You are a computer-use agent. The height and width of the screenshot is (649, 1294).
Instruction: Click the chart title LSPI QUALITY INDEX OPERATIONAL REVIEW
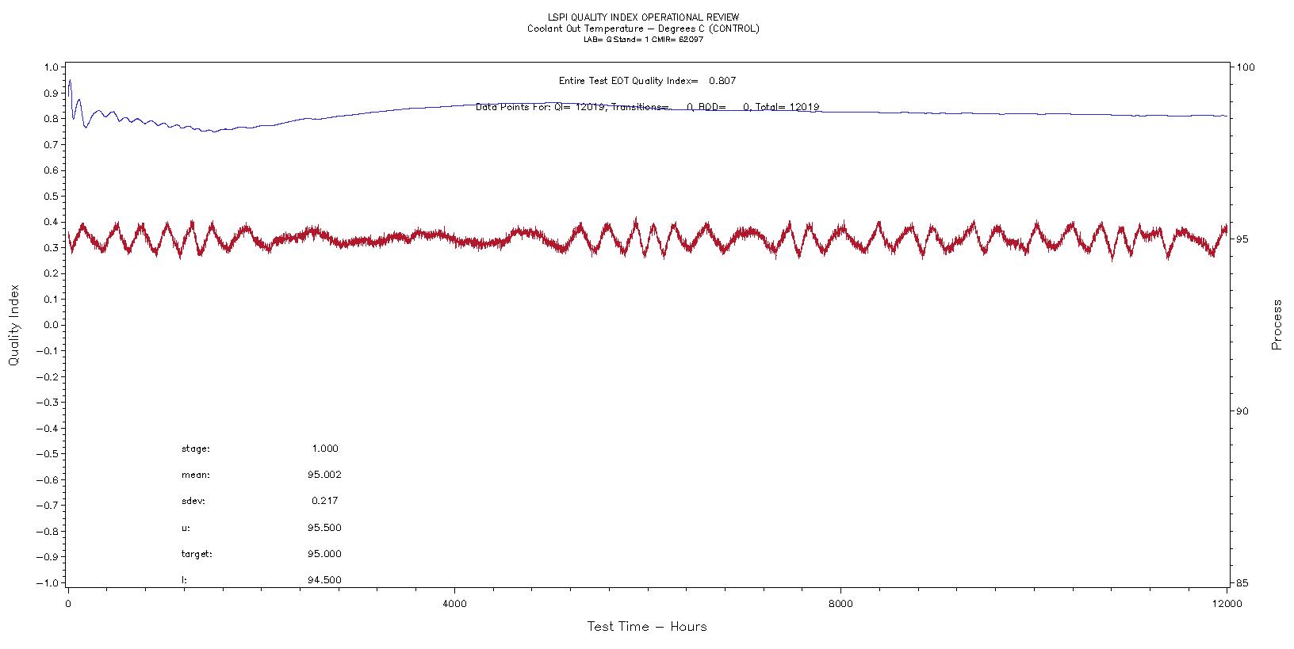coord(642,17)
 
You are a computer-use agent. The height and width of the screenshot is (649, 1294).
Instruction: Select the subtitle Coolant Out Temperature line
coord(642,29)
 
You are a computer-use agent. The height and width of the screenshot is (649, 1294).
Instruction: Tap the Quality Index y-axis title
coord(13,326)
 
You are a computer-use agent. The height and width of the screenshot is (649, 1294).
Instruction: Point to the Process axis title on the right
coord(1277,325)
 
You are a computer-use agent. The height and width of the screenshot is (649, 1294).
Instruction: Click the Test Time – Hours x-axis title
coord(646,627)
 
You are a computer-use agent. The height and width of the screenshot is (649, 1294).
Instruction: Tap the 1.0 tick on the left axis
coord(52,67)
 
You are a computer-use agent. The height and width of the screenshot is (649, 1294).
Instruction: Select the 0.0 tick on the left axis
coord(52,325)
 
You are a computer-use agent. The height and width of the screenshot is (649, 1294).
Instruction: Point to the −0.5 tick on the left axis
coord(49,454)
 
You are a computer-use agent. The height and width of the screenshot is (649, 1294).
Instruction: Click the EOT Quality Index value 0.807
coord(722,81)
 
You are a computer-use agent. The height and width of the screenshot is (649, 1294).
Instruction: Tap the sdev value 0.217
coord(325,501)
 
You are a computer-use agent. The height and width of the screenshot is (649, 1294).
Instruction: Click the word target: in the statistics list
coord(197,554)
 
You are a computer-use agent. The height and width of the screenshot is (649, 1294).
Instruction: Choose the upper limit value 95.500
coord(325,528)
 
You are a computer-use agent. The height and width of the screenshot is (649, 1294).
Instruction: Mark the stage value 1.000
coord(325,449)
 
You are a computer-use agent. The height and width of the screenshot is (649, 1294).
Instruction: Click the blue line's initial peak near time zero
coord(70,80)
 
